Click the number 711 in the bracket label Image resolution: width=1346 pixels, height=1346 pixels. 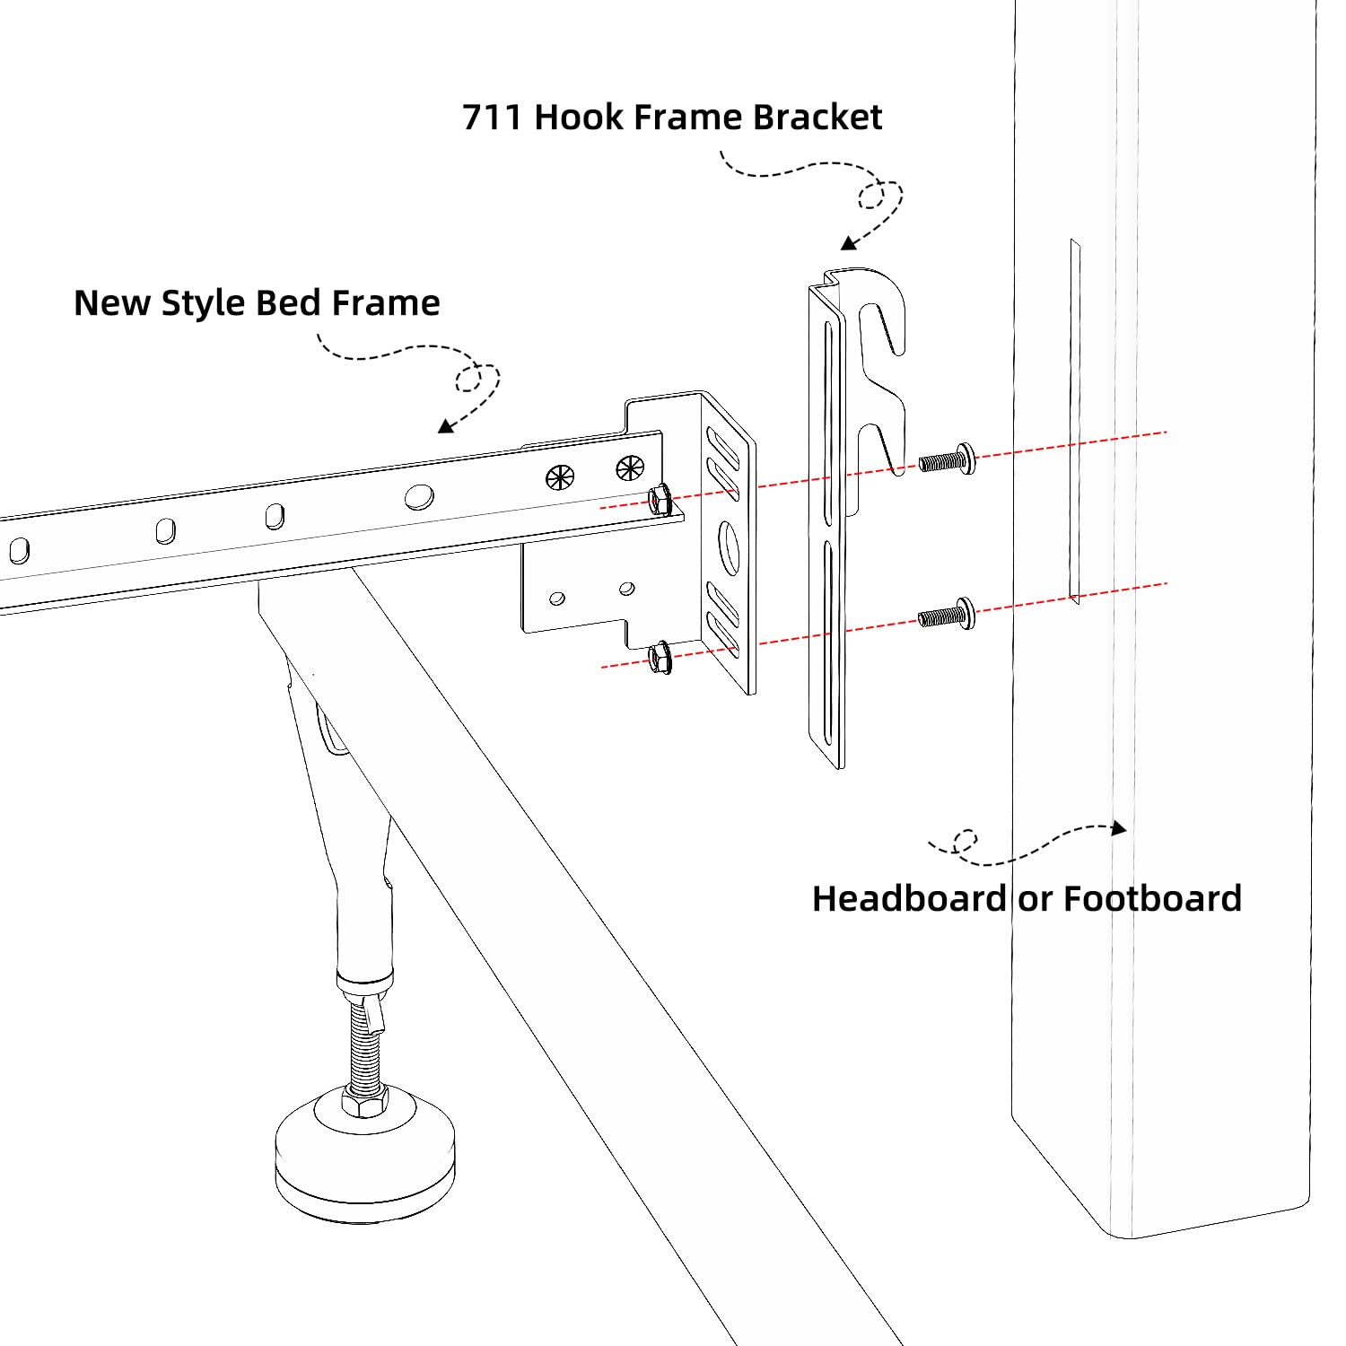coord(492,118)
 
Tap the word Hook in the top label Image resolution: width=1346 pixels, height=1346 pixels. coord(575,118)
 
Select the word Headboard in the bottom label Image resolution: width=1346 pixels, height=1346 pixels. coord(909,898)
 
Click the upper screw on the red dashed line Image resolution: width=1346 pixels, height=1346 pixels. coord(947,461)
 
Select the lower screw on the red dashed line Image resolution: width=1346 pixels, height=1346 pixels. coord(947,616)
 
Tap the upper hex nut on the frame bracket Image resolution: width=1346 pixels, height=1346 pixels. coord(660,499)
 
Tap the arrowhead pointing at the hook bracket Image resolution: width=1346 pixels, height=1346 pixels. coord(849,243)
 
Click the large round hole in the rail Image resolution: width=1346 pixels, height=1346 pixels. coord(418,496)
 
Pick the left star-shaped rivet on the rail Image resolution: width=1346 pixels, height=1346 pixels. coord(560,477)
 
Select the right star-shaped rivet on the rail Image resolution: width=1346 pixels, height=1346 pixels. coord(630,467)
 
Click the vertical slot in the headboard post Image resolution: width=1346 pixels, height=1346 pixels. coord(1074,422)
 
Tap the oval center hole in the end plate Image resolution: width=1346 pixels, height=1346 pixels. coord(729,547)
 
